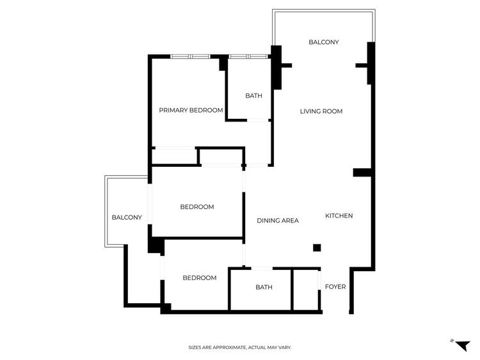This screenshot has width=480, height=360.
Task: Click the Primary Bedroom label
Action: pos(191,110)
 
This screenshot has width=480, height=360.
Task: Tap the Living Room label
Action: pos(321,111)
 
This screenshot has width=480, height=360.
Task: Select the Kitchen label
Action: pos(339,216)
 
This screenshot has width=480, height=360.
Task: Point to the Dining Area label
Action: pos(278,221)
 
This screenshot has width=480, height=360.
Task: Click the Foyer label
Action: pos(335,287)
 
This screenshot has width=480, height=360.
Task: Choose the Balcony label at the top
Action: pos(323,42)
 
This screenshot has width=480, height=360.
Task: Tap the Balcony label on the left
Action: pos(127,217)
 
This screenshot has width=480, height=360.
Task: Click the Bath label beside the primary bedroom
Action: pos(253,96)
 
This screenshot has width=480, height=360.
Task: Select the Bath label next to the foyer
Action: pos(264,287)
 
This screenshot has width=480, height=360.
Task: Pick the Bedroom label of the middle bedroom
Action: pos(196,207)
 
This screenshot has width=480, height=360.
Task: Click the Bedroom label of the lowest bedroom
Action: pos(199,278)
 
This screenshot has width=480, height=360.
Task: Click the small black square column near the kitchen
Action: pos(316,248)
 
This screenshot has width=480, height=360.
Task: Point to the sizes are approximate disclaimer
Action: pos(239,347)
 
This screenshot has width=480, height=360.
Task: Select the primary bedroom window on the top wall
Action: pos(190,56)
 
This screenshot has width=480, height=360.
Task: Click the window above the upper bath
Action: pos(248,56)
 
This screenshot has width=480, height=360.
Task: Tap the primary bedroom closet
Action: pos(173,156)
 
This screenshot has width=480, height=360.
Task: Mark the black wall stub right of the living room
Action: pos(362,172)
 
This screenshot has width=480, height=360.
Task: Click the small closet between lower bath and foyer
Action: pos(305,289)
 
